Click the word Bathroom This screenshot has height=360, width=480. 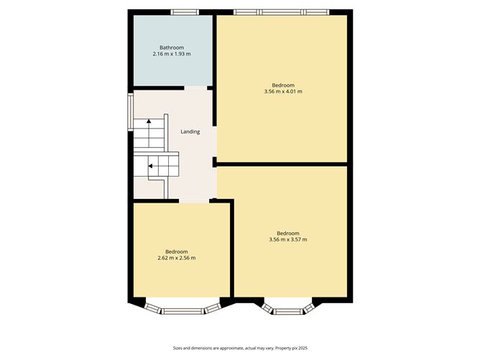(171, 47)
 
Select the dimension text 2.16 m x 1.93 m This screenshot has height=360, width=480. (171, 54)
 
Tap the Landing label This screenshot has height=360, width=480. (190, 131)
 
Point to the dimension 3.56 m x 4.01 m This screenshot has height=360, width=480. (282, 91)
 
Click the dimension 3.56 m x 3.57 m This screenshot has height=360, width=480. (287, 239)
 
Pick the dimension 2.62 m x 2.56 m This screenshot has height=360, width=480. (176, 258)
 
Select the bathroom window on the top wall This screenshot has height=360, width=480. (185, 11)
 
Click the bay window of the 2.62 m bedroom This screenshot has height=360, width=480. (181, 309)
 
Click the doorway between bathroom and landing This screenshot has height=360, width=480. (195, 88)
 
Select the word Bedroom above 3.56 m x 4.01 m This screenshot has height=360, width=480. (282, 85)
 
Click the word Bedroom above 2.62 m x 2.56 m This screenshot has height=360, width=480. (176, 251)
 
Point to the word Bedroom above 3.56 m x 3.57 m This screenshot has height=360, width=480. (287, 233)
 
